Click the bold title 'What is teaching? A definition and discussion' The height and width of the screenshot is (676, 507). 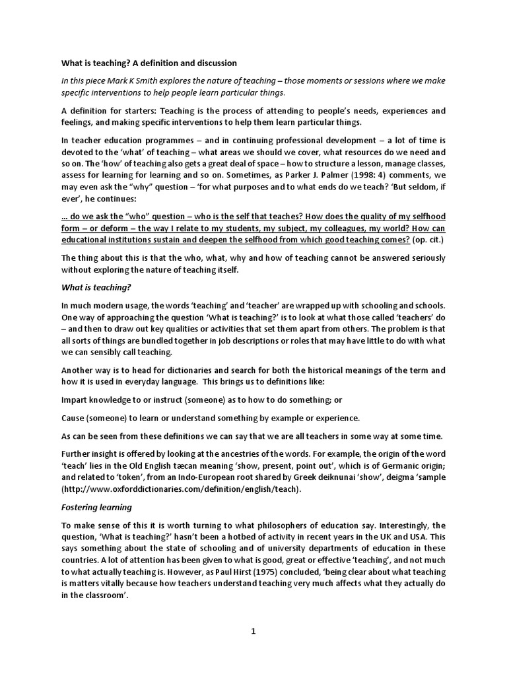tap(149, 63)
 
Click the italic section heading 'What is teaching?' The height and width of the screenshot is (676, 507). tap(96, 287)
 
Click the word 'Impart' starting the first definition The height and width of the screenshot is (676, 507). tap(75, 400)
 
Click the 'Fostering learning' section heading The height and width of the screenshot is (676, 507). tap(96, 507)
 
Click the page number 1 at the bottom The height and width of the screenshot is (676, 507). tap(253, 631)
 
